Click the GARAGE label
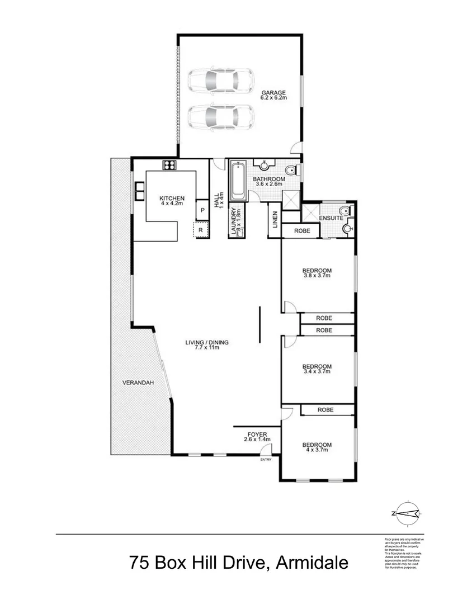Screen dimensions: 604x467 273,95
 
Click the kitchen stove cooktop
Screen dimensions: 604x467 169,165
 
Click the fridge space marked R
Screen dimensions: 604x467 200,229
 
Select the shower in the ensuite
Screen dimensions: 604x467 309,214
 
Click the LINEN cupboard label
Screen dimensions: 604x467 275,222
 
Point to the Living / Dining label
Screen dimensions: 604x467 207,345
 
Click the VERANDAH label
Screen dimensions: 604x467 138,383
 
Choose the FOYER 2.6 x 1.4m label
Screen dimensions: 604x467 258,437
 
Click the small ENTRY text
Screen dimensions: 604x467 265,460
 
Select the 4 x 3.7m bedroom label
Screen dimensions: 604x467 317,447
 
